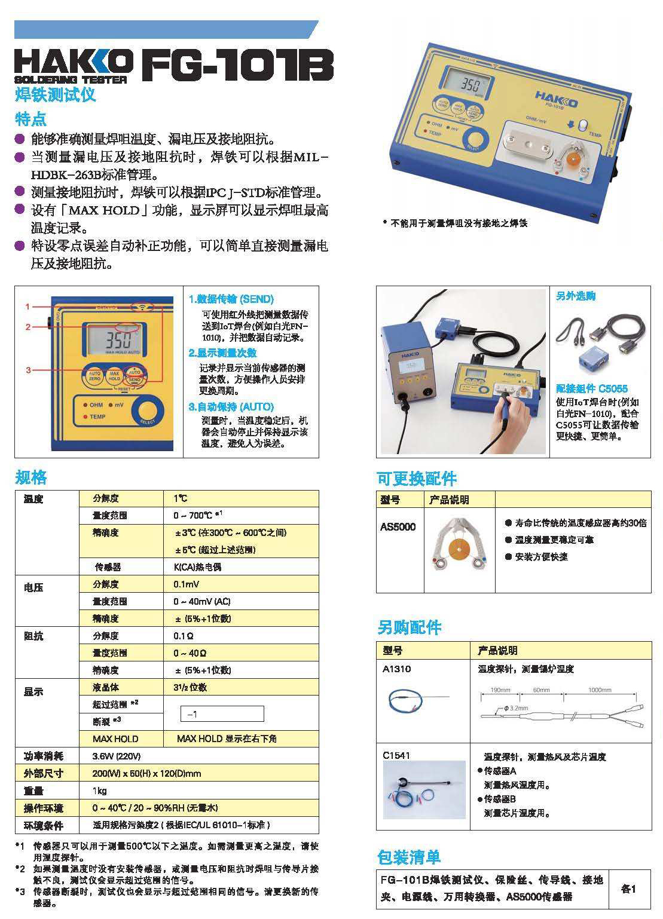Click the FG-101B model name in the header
click(237, 65)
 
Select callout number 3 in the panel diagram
click(28, 370)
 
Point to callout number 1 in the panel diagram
click(28, 307)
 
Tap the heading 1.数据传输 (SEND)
click(231, 299)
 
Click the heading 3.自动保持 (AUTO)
click(231, 407)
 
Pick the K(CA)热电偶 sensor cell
click(197, 566)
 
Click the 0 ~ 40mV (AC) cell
click(201, 601)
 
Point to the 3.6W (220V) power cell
click(117, 756)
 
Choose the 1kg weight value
click(100, 791)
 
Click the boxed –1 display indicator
click(222, 713)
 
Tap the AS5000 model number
click(398, 526)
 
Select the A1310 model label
click(397, 669)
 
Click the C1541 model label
click(396, 755)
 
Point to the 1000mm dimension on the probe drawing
click(600, 690)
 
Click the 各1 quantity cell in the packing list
click(628, 889)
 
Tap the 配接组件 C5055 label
click(591, 388)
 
